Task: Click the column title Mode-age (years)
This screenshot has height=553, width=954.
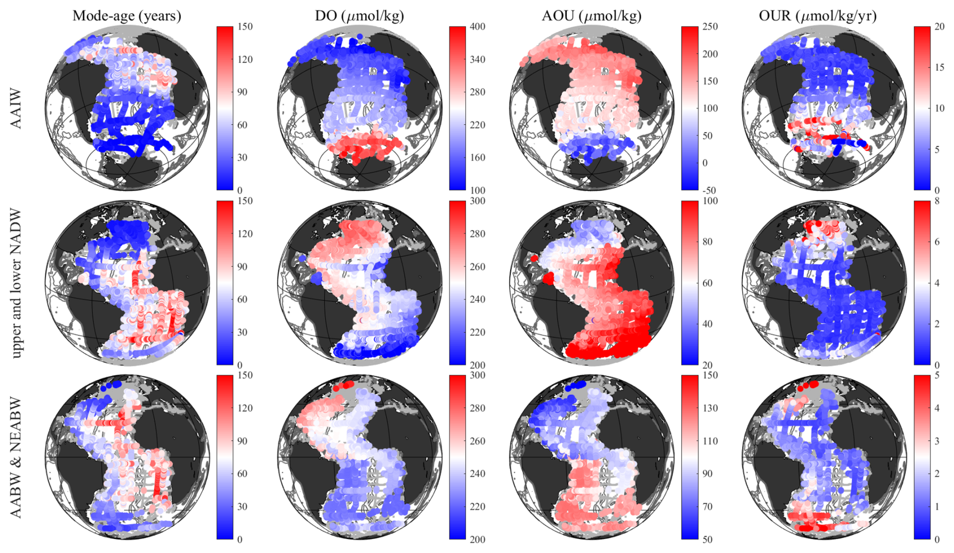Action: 127,16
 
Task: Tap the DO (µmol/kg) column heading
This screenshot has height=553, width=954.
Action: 360,16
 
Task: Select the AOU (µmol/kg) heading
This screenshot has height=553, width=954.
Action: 591,16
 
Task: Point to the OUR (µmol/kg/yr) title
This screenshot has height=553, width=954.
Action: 817,16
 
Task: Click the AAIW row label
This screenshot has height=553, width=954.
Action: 16,108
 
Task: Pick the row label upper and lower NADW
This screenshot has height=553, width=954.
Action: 16,283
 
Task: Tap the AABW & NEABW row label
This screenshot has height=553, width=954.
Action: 16,457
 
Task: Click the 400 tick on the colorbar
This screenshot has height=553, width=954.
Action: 477,27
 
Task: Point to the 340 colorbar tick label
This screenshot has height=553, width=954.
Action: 477,60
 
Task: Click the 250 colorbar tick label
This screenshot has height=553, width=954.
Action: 710,27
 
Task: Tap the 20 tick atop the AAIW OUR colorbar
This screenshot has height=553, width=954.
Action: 939,27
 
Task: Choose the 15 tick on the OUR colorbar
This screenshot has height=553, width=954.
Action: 939,68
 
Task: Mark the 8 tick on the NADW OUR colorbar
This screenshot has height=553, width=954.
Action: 937,201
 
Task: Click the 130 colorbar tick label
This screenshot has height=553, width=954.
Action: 710,408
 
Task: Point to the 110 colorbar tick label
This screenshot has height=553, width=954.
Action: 710,441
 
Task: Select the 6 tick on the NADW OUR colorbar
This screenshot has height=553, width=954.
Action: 937,242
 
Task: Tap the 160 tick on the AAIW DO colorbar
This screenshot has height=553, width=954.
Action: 477,157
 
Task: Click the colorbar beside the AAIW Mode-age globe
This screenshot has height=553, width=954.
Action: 224,108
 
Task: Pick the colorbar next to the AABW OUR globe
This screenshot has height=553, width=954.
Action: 922,457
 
